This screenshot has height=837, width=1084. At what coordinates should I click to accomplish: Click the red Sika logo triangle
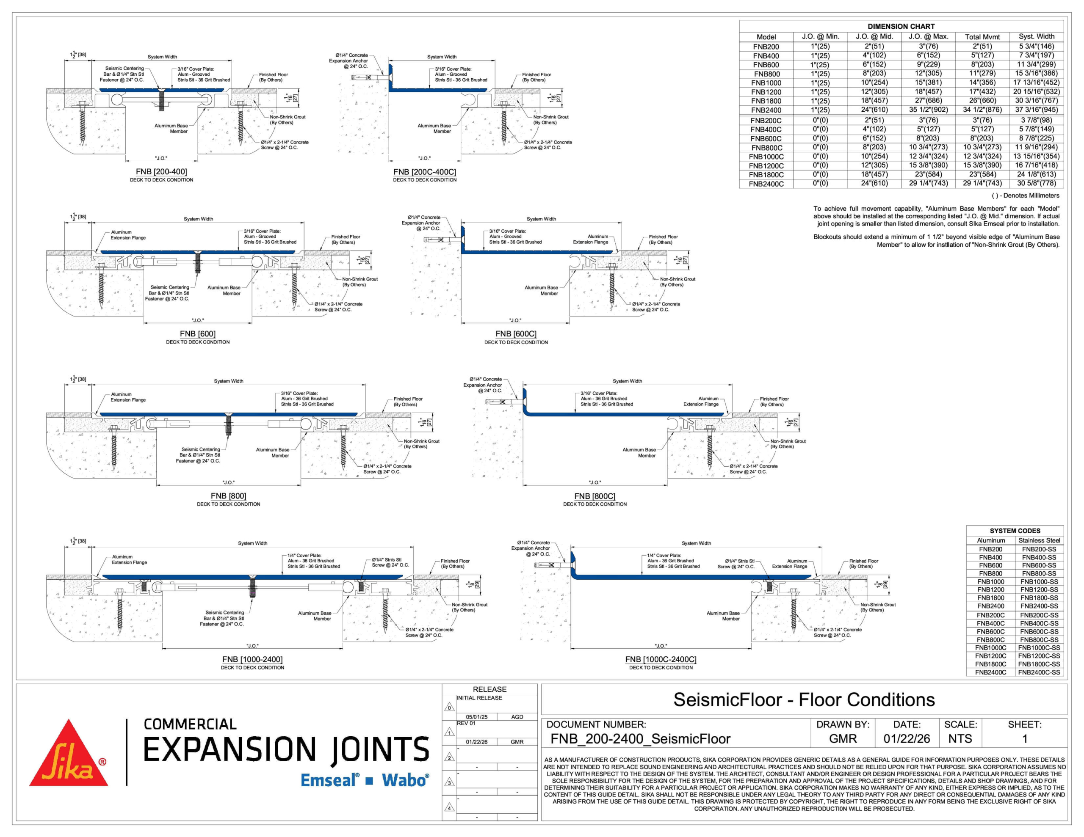click(x=69, y=757)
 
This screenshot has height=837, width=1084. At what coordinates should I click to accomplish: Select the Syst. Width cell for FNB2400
click(x=1036, y=110)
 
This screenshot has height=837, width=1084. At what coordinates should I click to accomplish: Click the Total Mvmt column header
click(x=982, y=37)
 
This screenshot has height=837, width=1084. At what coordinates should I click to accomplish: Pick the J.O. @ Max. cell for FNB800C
click(x=928, y=147)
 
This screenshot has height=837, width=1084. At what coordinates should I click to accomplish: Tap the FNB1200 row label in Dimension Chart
click(x=766, y=92)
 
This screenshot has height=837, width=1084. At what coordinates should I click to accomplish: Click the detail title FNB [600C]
click(x=516, y=334)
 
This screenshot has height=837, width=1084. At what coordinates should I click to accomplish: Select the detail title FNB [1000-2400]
click(x=252, y=659)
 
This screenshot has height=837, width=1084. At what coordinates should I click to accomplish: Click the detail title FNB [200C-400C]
click(x=424, y=172)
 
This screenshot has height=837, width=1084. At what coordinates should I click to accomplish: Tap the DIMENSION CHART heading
click(x=901, y=26)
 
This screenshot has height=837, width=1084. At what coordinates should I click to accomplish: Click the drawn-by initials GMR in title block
click(x=843, y=739)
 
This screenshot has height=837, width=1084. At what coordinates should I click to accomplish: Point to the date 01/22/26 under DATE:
click(x=906, y=739)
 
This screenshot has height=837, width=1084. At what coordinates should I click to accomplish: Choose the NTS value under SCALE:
click(x=960, y=739)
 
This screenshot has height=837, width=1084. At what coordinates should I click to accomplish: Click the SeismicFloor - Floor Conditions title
click(x=804, y=699)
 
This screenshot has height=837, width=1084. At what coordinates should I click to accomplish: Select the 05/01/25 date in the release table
click(x=476, y=717)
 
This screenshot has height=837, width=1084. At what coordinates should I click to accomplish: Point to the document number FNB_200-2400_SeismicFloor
click(x=640, y=739)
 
